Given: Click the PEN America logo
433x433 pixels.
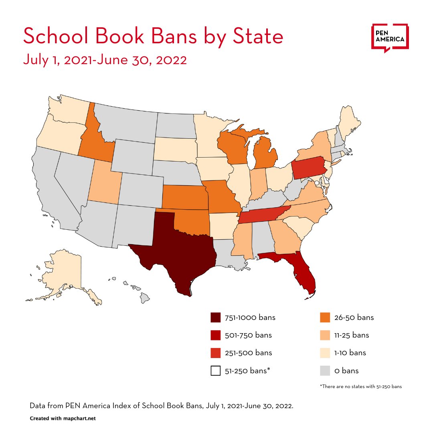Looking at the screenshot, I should tap(390, 38).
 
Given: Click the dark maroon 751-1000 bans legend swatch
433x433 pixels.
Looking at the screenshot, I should tap(215, 318).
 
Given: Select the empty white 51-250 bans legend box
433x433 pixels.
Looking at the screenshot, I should tap(215, 370).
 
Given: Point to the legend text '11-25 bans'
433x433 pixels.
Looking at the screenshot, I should tap(352, 335).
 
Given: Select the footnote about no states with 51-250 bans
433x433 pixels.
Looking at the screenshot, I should tap(360, 386).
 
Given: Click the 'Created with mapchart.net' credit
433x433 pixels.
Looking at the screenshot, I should tap(63, 418).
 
